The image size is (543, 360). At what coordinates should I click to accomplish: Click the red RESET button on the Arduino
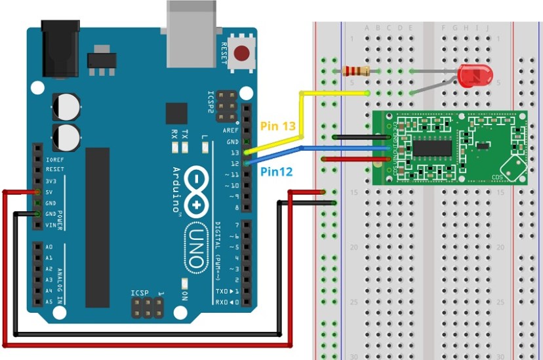click(244, 53)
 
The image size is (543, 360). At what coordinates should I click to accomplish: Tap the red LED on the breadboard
click(475, 76)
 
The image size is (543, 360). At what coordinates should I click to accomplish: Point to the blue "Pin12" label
click(276, 172)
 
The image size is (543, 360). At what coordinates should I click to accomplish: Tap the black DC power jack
click(60, 47)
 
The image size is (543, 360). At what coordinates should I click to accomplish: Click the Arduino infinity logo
click(196, 191)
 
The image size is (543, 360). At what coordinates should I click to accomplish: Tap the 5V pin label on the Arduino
click(50, 191)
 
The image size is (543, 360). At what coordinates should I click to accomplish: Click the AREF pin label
click(231, 130)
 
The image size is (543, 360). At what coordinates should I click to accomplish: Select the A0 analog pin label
click(49, 247)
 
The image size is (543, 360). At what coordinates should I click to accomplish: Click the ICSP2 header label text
click(211, 102)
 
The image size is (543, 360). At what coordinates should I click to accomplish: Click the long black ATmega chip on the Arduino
click(98, 227)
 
